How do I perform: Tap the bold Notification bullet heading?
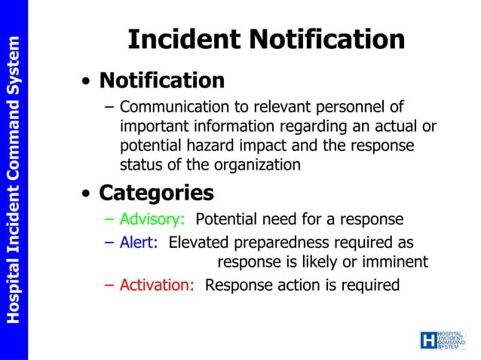(x=161, y=80)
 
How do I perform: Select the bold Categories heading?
(x=156, y=193)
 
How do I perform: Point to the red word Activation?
(x=158, y=285)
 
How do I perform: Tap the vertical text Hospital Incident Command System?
(x=13, y=180)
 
